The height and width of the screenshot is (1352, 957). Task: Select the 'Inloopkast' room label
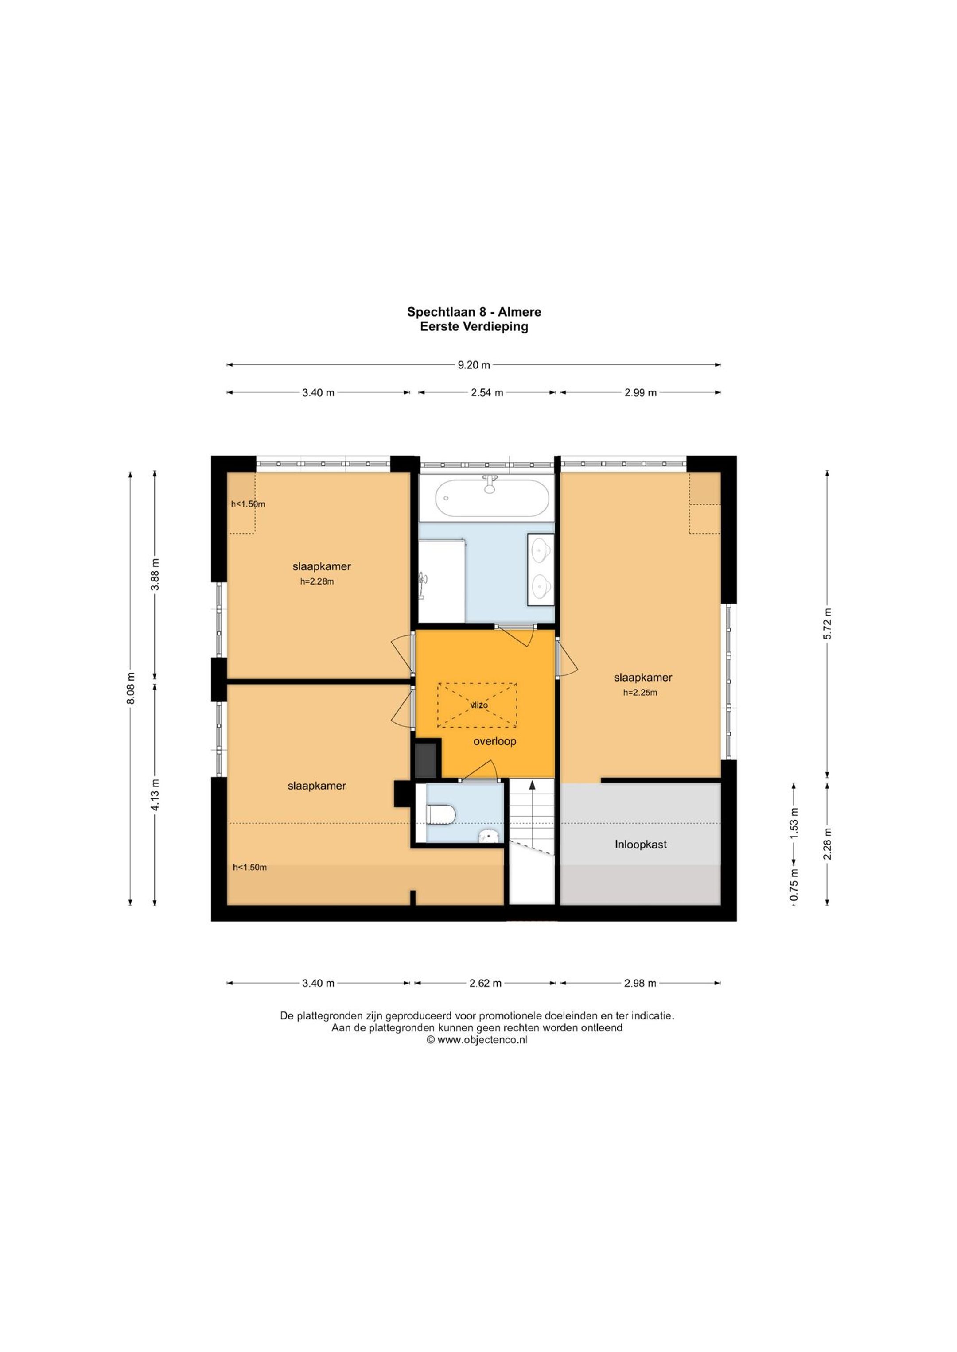click(641, 845)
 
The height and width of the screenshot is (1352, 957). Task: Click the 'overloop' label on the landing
click(494, 741)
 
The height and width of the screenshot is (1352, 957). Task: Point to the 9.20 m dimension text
click(474, 365)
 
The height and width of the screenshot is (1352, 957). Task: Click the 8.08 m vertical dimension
click(131, 688)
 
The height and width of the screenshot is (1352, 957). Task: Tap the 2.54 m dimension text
click(487, 393)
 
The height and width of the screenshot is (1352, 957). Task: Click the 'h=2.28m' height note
click(317, 582)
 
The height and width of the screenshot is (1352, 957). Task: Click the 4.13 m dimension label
click(155, 795)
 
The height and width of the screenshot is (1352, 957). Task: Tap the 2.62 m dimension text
click(485, 983)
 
